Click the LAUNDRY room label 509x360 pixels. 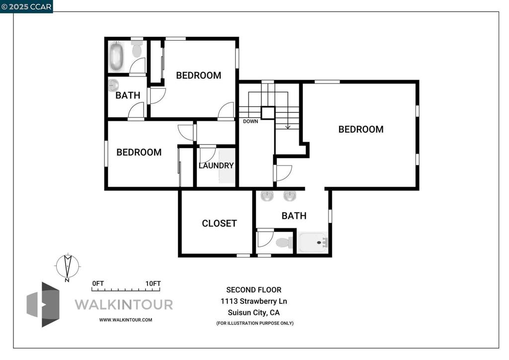coord(216,166)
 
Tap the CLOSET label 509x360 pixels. coord(219,223)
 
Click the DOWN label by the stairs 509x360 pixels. coord(251,121)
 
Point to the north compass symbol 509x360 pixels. coord(66,266)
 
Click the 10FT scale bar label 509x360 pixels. coord(153,283)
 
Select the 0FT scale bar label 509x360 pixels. coord(98,283)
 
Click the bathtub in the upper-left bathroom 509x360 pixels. coord(117,57)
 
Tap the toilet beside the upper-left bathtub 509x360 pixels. coord(137,49)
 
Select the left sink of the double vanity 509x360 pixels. coord(267,195)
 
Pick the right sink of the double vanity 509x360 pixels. coord(290,195)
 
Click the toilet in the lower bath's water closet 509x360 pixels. coord(284,243)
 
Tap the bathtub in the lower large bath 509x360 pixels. coord(313,243)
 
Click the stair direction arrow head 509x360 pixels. coord(287,127)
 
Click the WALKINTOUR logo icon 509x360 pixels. coord(43,304)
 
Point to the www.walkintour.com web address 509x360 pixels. coord(126,320)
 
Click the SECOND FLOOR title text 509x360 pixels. coord(254,290)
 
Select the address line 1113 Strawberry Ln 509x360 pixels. coord(254,301)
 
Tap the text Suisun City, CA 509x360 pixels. coord(254,313)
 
